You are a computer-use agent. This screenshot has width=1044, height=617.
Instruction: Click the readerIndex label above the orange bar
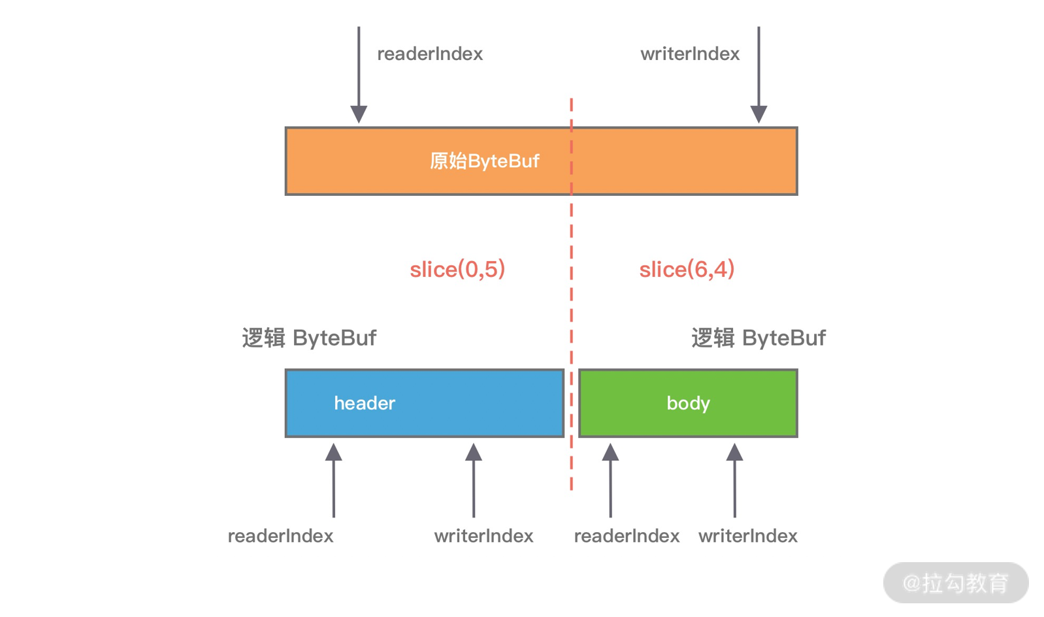[430, 54]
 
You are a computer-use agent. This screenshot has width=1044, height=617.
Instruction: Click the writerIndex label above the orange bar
[690, 54]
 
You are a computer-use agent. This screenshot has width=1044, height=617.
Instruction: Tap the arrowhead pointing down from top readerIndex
[359, 114]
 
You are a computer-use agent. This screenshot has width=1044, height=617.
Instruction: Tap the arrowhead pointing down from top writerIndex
[759, 114]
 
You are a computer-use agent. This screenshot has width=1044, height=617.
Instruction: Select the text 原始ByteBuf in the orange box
[484, 161]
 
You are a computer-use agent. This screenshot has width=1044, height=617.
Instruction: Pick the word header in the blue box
[365, 403]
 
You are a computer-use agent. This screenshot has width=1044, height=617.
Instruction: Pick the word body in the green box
[688, 403]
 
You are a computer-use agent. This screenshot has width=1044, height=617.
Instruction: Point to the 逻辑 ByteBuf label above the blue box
[309, 338]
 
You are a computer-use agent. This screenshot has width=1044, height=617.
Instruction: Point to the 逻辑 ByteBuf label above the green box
[759, 338]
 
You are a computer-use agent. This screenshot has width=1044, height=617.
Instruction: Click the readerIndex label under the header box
[280, 535]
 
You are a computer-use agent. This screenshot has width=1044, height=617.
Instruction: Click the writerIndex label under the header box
[483, 535]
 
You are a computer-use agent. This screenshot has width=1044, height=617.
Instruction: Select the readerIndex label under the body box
[627, 535]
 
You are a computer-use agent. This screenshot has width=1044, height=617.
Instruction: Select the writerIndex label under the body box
[747, 535]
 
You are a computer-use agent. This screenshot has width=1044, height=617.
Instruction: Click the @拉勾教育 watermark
[955, 582]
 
